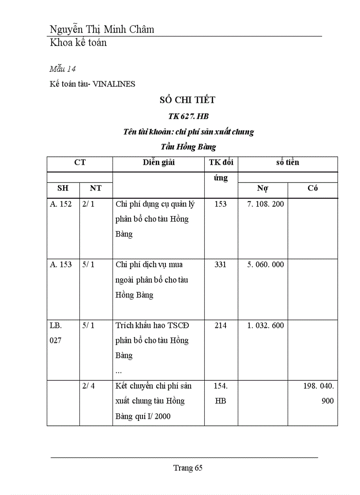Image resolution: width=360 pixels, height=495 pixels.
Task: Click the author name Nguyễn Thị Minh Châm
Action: (x=102, y=30)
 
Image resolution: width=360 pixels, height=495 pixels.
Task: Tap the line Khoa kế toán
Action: (x=78, y=43)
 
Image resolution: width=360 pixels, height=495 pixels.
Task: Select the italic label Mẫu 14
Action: (x=63, y=69)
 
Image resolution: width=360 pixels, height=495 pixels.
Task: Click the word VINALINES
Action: (x=114, y=84)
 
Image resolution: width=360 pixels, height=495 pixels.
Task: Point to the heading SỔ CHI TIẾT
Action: (x=187, y=100)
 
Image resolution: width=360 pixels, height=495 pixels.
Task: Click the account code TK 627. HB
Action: (x=188, y=116)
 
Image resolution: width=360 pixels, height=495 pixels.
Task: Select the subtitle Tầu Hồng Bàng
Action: (x=188, y=146)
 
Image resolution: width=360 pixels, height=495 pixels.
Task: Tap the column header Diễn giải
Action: (x=158, y=162)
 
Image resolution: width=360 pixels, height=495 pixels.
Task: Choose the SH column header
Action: (x=63, y=188)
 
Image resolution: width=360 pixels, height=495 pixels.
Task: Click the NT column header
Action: (x=96, y=188)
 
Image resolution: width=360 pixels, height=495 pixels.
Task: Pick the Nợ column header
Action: (x=262, y=188)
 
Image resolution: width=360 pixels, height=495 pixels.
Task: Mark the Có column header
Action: (x=312, y=188)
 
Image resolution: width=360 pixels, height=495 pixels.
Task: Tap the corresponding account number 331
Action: (x=220, y=264)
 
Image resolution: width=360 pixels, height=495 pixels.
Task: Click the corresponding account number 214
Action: (x=220, y=325)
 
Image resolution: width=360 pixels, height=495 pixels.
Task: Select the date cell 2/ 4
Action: (x=88, y=386)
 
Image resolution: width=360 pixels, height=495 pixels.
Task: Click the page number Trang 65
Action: (x=187, y=468)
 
